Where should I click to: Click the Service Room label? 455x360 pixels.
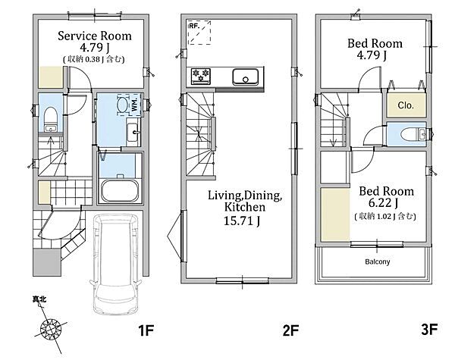95,36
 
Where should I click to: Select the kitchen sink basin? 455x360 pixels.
246,77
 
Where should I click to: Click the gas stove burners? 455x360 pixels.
201,76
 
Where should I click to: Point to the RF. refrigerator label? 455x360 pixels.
194,26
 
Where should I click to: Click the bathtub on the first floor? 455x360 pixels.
120,190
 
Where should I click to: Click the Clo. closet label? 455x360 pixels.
406,105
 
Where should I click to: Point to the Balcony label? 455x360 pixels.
377,261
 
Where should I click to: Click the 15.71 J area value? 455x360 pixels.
242,221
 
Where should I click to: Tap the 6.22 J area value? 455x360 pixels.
383,203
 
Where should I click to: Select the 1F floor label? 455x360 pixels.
146,330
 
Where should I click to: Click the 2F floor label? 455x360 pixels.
290,330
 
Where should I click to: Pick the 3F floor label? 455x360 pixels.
429,329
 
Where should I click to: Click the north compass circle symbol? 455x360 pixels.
51,329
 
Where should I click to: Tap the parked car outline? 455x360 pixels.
115,265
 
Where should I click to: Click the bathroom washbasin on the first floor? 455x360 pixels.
133,133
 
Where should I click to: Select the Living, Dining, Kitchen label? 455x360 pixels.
245,201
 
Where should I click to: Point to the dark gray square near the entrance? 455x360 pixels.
47,262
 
